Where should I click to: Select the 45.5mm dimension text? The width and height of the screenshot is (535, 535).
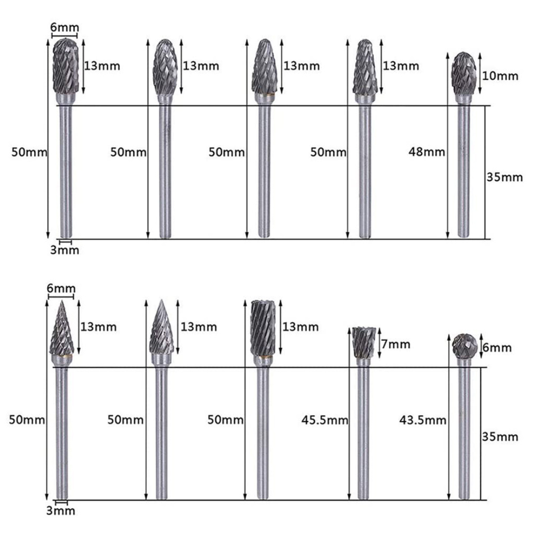tap(324, 421)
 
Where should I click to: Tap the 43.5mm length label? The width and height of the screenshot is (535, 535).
tap(423, 421)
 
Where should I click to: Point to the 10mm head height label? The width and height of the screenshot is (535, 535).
tap(501, 76)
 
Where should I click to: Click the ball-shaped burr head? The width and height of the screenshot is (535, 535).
tap(465, 346)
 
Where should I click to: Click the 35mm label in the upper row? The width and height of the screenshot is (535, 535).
tap(505, 177)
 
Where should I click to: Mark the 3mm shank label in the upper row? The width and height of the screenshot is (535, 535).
tap(65, 250)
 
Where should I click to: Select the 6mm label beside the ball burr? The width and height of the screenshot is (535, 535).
tap(496, 348)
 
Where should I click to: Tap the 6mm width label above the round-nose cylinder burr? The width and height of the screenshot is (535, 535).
tap(64, 28)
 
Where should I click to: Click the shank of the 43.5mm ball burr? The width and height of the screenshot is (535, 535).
tap(464, 431)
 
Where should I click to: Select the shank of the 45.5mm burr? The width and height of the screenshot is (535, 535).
tap(364, 431)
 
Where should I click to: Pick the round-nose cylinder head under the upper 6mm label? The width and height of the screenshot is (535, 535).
tap(65, 66)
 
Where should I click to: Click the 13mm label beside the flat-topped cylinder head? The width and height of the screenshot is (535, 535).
tap(301, 327)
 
